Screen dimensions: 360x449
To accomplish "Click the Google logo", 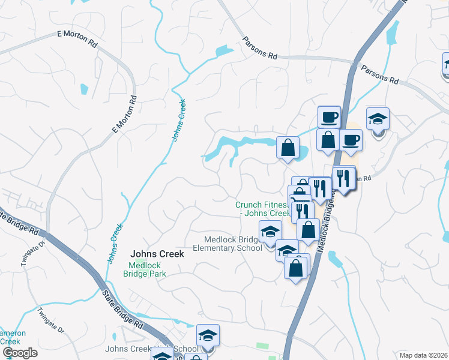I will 19,353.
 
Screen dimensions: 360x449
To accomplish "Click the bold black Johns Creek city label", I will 158,254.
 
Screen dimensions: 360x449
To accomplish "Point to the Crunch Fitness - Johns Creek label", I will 262,209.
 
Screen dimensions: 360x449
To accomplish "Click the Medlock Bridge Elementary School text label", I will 232,244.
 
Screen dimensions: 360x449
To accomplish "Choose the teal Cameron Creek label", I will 12,337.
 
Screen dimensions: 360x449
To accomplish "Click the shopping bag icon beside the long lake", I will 288,148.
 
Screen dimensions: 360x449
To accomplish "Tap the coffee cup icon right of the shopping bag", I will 351,140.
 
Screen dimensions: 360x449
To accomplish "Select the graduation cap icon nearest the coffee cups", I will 378,119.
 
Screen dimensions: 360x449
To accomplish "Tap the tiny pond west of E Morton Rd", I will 84,89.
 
